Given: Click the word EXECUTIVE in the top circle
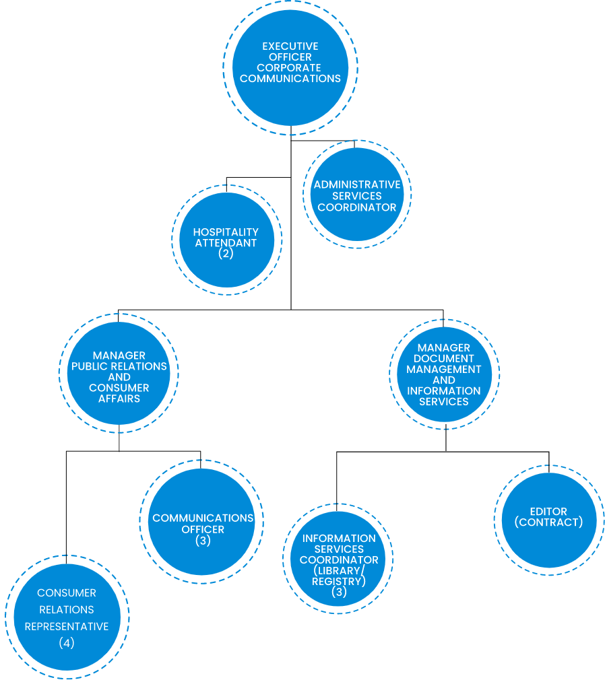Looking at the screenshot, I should pos(290,46).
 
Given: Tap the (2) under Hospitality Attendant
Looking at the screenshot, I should pos(226,254).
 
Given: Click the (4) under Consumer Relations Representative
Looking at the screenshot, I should pos(67,643).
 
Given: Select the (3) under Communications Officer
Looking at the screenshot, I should pos(203,541).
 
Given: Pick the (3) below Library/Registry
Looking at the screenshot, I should pos(339,592).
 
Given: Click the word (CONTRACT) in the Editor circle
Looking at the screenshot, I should pos(548,522).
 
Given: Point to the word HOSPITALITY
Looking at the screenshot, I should pos(226,232).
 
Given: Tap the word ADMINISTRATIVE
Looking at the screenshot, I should pos(357,184).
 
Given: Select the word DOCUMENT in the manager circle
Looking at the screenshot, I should pos(444,359).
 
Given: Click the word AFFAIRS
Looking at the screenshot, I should pos(119,399).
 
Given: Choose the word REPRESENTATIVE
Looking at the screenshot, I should pos(67,626).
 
